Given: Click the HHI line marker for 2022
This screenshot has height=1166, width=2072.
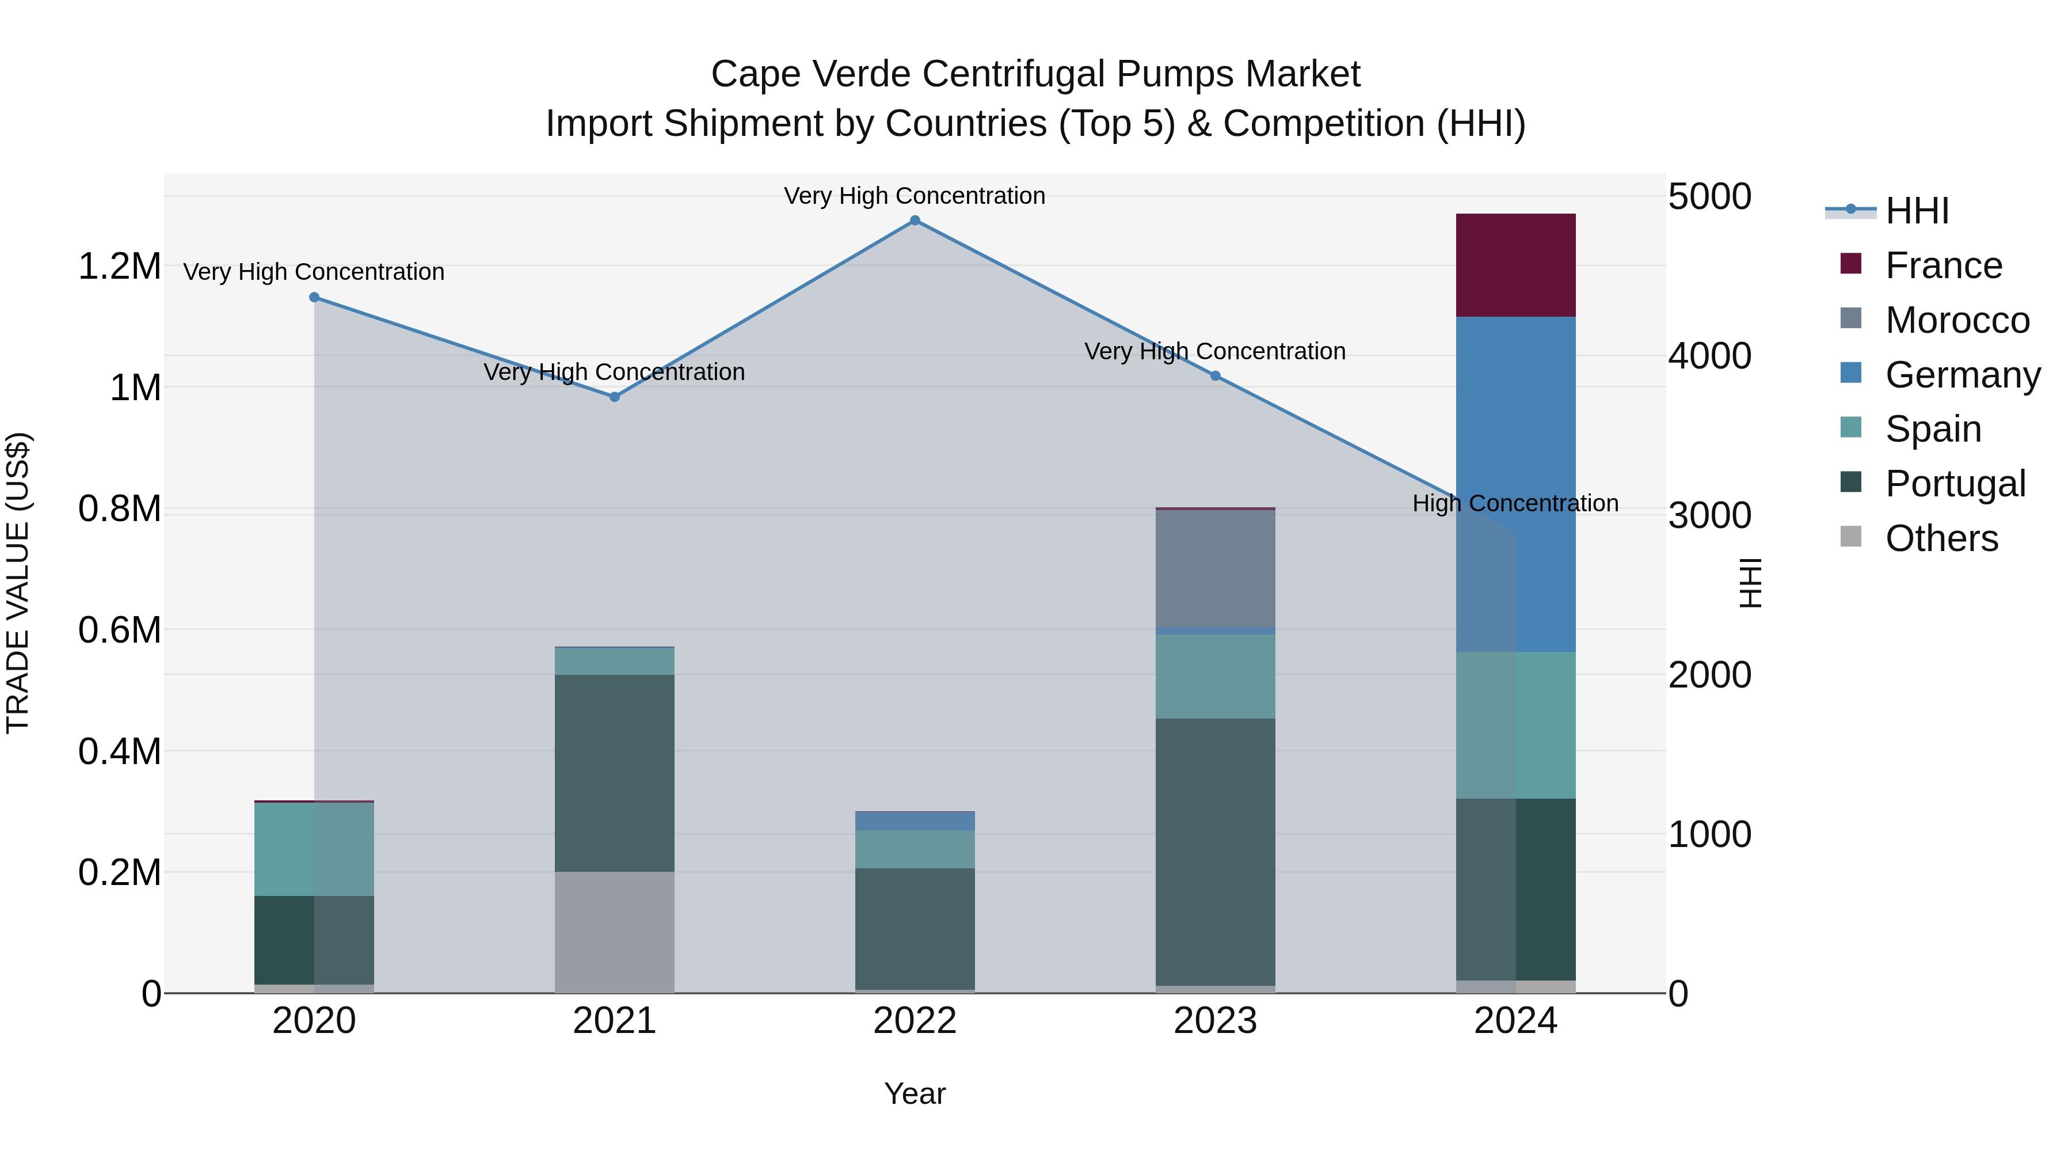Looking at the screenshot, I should click(915, 221).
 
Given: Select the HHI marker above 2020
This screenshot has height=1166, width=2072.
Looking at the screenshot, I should click(314, 298).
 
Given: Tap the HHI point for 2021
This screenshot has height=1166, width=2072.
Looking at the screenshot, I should click(615, 397).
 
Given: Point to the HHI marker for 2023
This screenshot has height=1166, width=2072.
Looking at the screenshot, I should click(1216, 376).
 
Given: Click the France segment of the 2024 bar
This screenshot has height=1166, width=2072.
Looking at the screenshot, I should click(1515, 265).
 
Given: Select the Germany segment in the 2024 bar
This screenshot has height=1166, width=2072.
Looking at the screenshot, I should click(1515, 483).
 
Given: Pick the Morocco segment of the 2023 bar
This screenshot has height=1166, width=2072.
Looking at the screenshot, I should click(1216, 568).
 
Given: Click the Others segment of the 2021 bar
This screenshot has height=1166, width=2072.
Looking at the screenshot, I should click(615, 932).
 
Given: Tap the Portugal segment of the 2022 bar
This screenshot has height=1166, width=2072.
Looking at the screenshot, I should click(915, 929).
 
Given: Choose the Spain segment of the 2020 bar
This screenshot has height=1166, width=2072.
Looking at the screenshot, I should click(314, 849).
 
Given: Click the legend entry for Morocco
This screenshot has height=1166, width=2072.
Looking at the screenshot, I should click(1957, 320).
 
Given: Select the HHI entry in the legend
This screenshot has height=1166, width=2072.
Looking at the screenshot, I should click(1917, 211).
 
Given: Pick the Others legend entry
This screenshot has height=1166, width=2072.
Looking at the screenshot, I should click(1941, 538).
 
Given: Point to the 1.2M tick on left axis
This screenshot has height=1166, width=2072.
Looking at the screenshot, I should click(119, 267).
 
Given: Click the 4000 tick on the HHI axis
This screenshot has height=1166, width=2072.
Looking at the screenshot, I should click(1709, 356).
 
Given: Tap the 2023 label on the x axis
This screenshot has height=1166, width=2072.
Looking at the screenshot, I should click(1216, 1021).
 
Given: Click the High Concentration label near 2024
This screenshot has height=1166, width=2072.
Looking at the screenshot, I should click(1515, 504).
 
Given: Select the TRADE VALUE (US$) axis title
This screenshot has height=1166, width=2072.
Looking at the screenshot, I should click(18, 583).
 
